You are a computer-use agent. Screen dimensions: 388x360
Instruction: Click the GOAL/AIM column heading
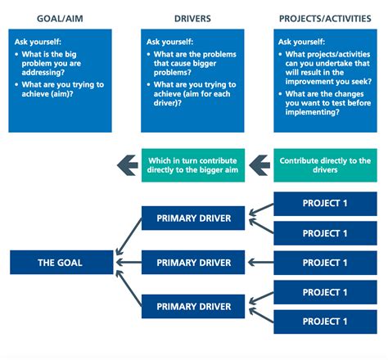[60, 19]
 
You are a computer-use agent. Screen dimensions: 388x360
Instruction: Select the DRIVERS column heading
[192, 19]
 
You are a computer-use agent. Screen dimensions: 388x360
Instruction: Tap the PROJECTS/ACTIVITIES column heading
[325, 19]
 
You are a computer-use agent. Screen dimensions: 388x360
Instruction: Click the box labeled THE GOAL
[61, 263]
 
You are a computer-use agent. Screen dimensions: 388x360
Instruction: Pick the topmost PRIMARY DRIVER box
[193, 218]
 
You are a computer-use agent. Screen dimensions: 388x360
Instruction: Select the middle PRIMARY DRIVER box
[193, 263]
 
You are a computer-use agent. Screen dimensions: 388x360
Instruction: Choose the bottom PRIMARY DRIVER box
[193, 306]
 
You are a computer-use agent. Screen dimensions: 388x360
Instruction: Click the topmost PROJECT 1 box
[325, 204]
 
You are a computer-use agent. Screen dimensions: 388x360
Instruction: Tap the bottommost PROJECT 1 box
[325, 322]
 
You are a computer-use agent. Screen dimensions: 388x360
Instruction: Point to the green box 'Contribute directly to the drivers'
[325, 165]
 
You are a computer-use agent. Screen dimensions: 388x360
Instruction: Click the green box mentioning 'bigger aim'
[193, 165]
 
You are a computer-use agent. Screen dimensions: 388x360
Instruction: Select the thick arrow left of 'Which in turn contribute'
[128, 165]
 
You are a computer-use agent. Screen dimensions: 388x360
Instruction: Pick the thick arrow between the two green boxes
[259, 165]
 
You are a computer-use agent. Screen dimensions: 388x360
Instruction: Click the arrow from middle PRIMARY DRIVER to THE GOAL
[129, 263]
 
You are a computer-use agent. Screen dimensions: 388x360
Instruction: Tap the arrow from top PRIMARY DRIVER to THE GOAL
[129, 236]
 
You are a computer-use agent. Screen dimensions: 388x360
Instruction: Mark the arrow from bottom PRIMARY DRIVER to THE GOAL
[129, 288]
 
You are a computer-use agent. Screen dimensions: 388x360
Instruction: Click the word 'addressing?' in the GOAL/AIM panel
[43, 73]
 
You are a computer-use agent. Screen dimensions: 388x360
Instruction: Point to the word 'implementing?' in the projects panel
[313, 112]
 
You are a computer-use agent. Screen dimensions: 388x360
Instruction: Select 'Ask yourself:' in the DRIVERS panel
[169, 42]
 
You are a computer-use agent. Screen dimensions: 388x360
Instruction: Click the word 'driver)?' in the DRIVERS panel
[168, 103]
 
